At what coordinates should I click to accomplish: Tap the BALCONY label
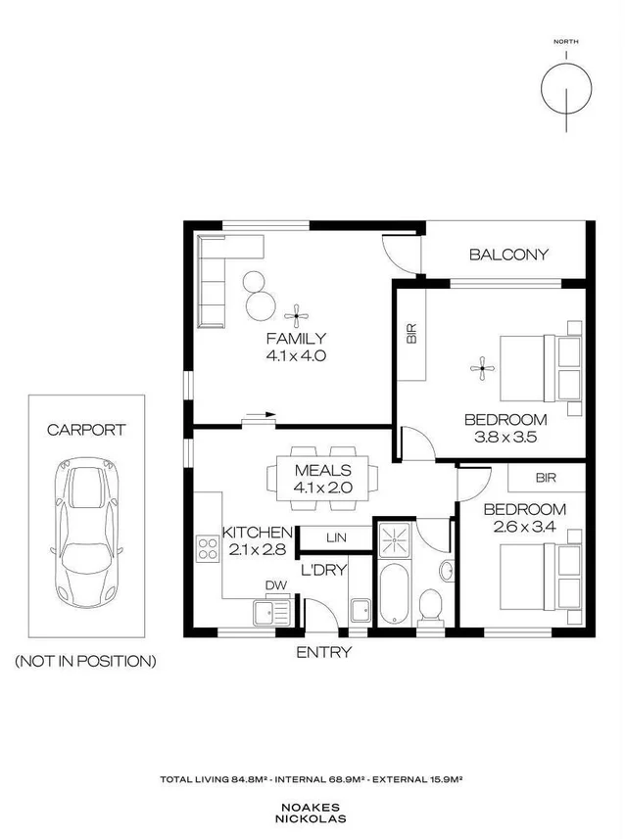tap(508, 255)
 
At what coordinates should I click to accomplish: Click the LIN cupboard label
tap(335, 537)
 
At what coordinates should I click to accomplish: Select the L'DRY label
tap(323, 569)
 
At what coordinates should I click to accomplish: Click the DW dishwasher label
tap(275, 586)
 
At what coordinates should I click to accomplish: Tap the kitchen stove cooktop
tap(208, 547)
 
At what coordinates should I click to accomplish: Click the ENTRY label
tap(323, 653)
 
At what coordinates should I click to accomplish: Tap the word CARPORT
tap(86, 429)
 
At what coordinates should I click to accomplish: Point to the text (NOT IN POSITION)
tap(85, 661)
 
